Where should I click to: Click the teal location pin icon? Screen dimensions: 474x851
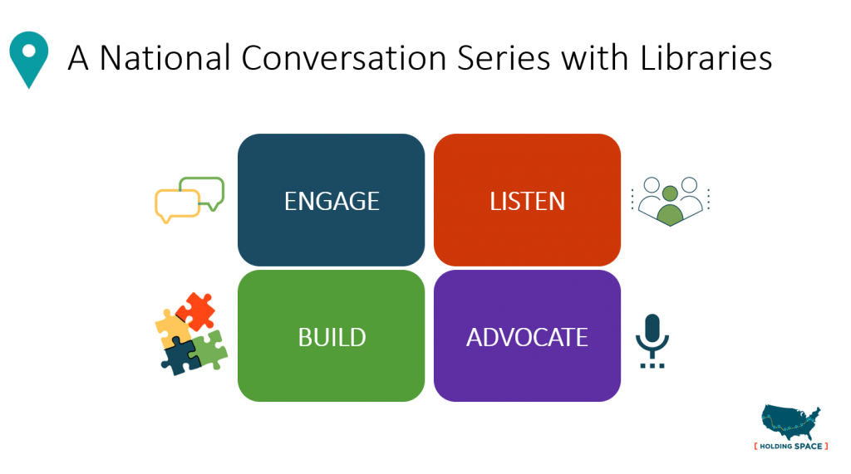coord(29,56)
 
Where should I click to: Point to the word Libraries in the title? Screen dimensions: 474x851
coord(706,58)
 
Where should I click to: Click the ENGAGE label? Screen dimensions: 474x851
coord(332,201)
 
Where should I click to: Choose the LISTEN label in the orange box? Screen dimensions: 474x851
coord(527,201)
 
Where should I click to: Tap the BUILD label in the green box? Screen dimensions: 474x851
coord(332,337)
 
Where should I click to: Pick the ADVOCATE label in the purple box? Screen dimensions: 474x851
coord(527,337)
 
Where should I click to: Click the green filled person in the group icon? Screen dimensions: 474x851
coord(669,211)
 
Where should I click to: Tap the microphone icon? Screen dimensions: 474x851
coord(652,336)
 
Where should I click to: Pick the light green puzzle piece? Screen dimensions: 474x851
coord(209,349)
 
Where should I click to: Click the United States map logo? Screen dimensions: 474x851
coord(790,423)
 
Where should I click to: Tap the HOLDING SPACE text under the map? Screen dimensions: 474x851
coord(790,447)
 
